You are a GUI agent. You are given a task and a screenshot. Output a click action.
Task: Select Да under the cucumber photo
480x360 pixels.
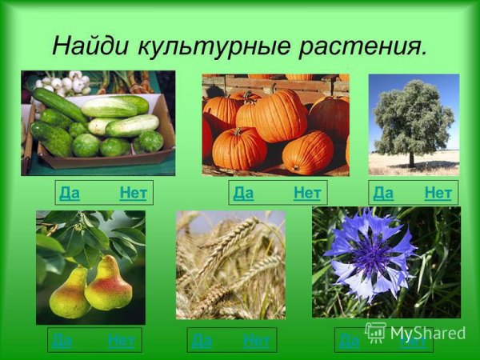click(70, 193)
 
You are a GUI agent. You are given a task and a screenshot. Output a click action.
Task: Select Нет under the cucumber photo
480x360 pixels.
click(133, 193)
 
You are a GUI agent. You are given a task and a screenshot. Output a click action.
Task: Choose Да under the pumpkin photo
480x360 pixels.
click(243, 193)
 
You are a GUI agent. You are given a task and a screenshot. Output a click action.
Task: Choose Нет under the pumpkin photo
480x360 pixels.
click(307, 193)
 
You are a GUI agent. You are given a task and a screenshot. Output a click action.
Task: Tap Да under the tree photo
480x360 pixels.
click(383, 193)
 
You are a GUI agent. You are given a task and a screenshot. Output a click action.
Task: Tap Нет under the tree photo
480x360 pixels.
click(438, 193)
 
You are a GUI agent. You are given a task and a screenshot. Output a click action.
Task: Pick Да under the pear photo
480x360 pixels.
click(62, 341)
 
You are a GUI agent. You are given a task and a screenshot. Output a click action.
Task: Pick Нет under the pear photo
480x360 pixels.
click(121, 341)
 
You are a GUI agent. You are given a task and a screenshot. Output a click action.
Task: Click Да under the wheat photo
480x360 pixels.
click(202, 341)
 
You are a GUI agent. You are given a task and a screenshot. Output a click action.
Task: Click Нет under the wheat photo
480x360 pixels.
click(257, 341)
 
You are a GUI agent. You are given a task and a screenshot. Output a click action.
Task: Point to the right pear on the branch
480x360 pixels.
click(108, 285)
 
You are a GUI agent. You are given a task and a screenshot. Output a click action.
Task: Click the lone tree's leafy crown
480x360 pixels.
click(413, 116)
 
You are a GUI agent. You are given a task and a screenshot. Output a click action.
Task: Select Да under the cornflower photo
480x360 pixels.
click(350, 341)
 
